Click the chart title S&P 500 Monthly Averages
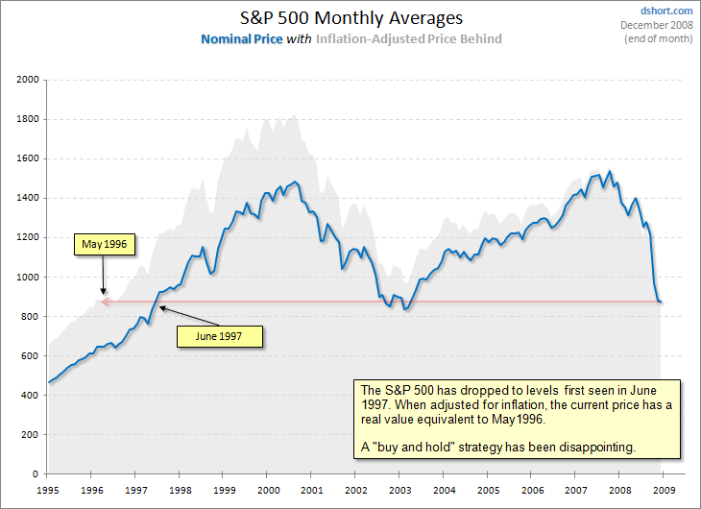coord(350,18)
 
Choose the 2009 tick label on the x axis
coord(661,489)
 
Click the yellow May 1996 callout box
coord(106,245)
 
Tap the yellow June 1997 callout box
coord(219,336)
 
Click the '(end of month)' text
coord(659,38)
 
